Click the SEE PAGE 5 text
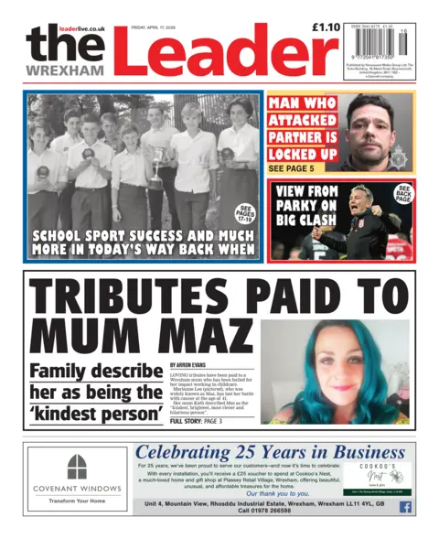tap(294, 168)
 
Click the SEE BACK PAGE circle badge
tap(403, 194)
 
